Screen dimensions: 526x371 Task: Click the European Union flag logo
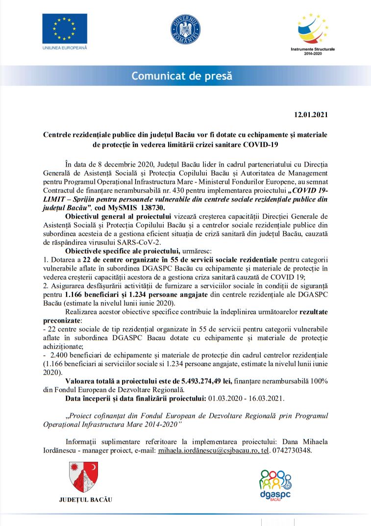click(64, 29)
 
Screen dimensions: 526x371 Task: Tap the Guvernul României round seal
click(185, 29)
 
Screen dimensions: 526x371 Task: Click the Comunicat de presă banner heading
click(181, 76)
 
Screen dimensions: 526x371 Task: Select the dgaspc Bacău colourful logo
click(274, 483)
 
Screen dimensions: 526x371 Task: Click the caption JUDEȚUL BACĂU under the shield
click(85, 500)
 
